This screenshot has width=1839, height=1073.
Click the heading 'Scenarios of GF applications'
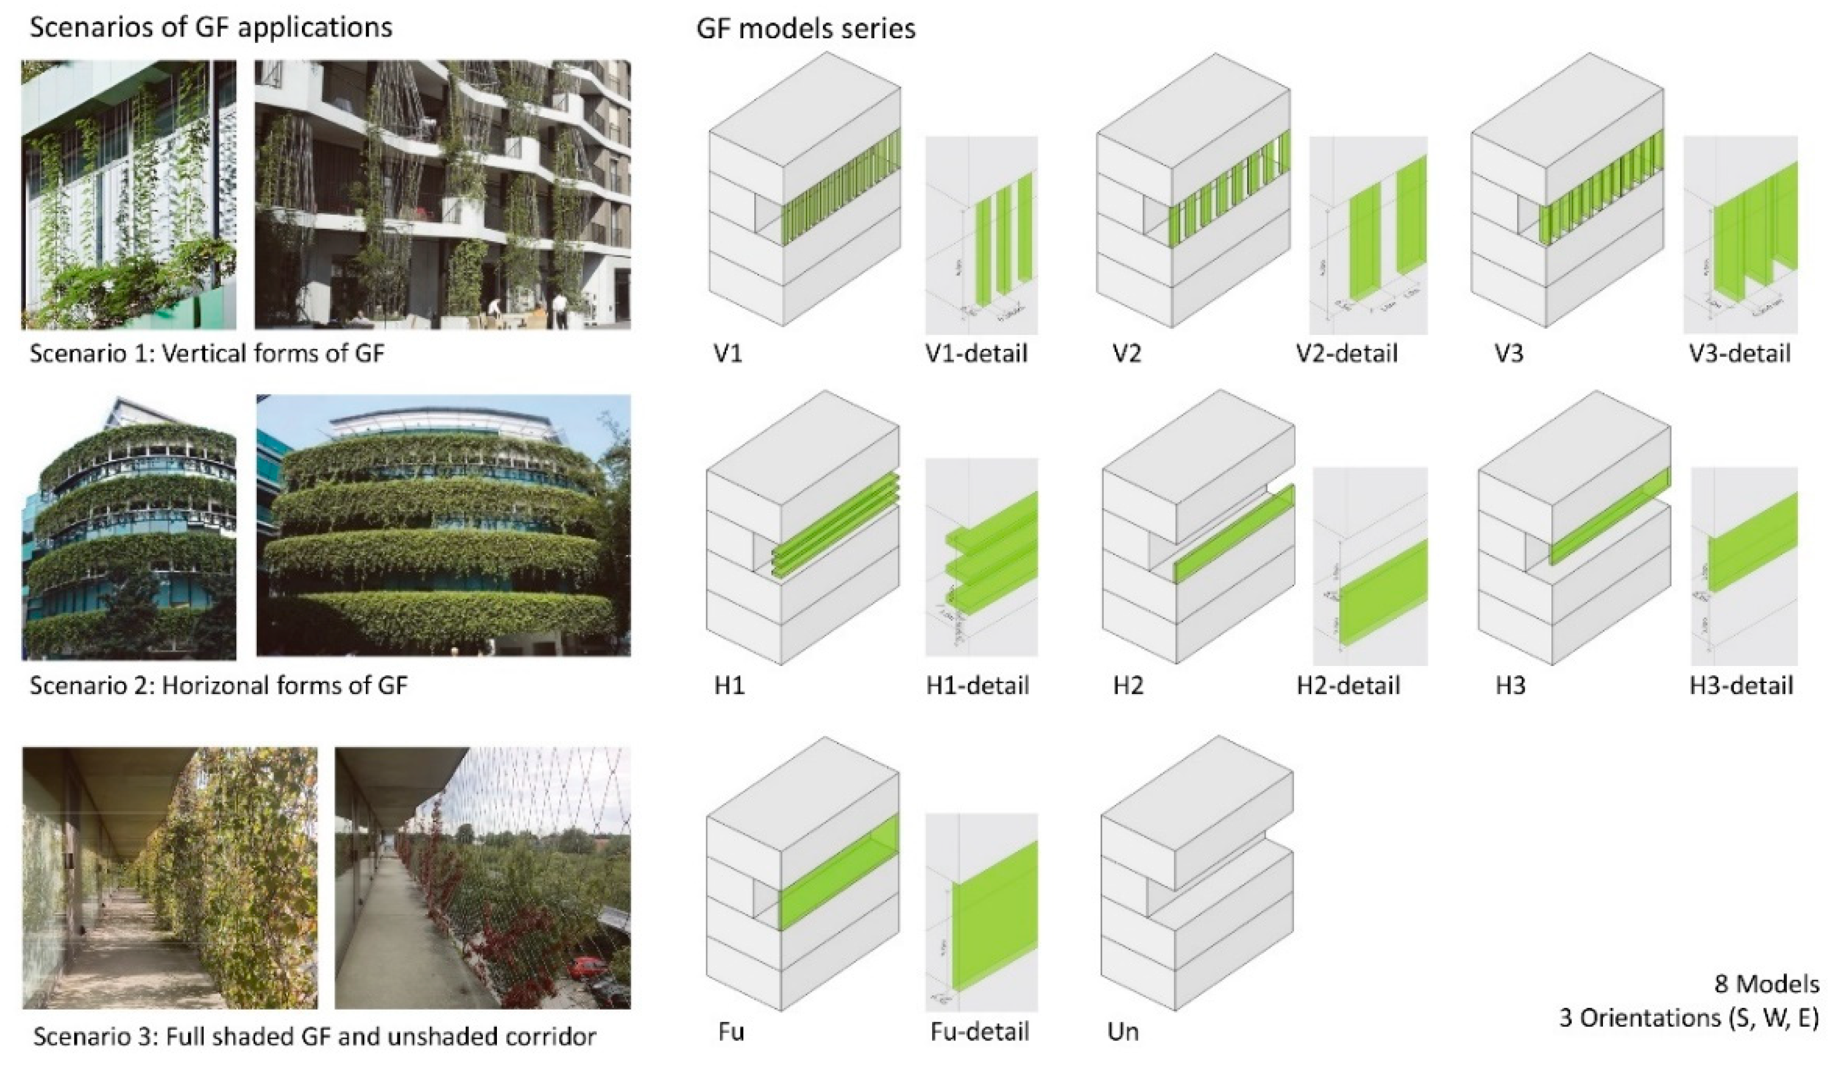click(x=211, y=27)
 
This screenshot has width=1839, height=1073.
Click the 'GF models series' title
click(x=806, y=29)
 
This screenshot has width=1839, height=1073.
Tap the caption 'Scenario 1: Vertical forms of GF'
click(x=206, y=354)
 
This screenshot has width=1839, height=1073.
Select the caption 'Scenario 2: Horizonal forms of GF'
click(x=218, y=685)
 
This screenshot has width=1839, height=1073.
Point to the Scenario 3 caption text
click(x=315, y=1036)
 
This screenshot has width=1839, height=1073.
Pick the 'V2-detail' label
click(x=1347, y=354)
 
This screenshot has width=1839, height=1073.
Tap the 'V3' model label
click(x=1508, y=354)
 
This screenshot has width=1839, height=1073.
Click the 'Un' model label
click(x=1122, y=1032)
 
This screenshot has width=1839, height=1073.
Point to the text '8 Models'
click(x=1766, y=985)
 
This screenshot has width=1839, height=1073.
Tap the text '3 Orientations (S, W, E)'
click(x=1689, y=1018)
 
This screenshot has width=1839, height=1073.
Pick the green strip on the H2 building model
click(x=1233, y=532)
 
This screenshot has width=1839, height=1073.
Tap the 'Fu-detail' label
click(x=980, y=1032)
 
